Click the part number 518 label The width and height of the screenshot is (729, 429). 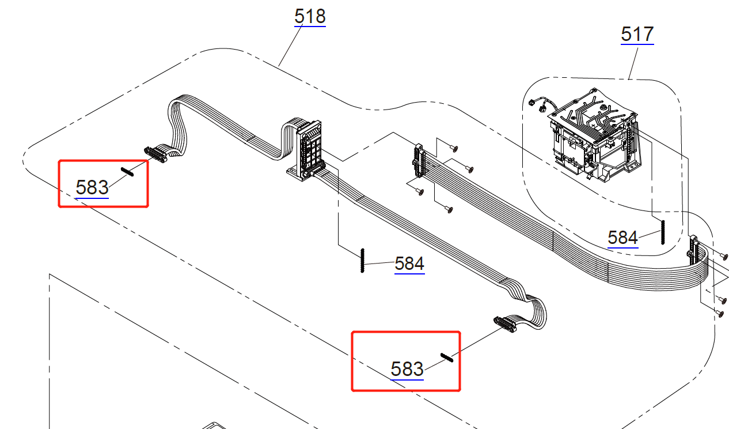point(310,16)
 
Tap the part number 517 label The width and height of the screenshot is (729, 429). point(637,34)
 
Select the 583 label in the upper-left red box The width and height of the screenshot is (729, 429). point(92,187)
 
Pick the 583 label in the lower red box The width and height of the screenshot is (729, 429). point(407,369)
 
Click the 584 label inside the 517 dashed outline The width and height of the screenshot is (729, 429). point(622,238)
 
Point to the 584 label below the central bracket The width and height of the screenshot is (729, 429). point(409,264)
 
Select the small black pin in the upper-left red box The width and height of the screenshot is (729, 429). point(127,172)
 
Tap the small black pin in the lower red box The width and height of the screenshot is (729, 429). point(447,357)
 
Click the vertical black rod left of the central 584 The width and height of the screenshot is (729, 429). point(363,261)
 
